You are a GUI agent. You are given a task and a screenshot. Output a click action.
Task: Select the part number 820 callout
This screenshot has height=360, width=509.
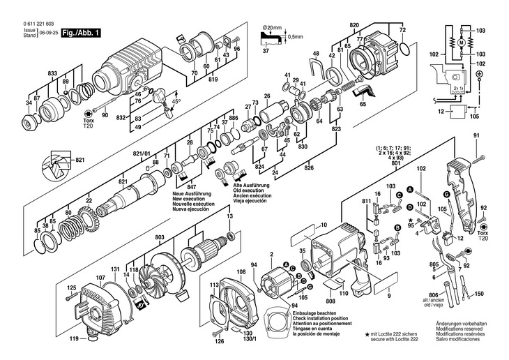354,26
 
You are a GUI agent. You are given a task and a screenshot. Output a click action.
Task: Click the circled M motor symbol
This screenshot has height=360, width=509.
459,44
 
